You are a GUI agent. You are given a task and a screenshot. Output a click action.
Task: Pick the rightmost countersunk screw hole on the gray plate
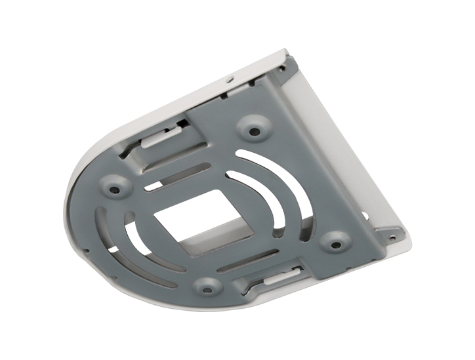tap(335, 244)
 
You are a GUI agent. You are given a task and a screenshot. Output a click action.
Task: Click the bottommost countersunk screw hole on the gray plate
tap(207, 286)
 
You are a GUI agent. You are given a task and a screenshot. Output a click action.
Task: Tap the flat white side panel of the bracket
tap(348, 151)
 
